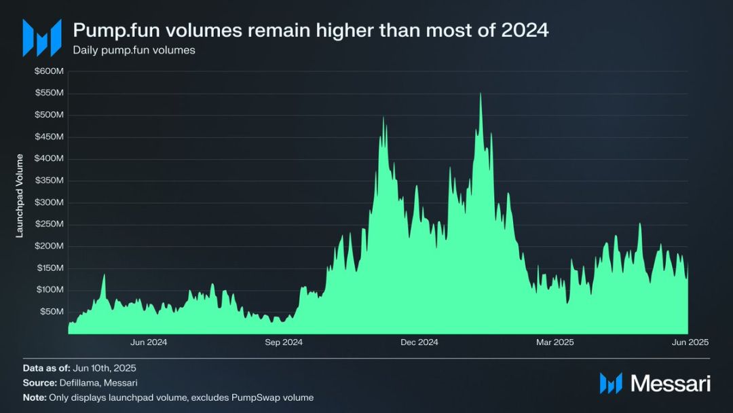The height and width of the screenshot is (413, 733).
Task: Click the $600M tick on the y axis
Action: click(50, 71)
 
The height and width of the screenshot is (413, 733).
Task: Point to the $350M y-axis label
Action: click(50, 181)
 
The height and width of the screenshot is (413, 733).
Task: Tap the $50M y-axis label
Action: click(52, 312)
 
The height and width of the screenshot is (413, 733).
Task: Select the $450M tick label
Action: click(50, 137)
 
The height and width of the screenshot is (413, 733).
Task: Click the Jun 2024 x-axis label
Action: click(148, 342)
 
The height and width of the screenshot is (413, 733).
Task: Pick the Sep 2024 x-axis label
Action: click(284, 342)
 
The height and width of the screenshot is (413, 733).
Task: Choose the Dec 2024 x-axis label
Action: click(419, 342)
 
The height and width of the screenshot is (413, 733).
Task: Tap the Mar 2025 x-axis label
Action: click(555, 342)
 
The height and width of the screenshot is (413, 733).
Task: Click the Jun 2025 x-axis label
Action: click(690, 342)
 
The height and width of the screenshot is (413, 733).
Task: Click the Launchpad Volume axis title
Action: click(20, 196)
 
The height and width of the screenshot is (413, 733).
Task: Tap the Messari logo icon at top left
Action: click(41, 37)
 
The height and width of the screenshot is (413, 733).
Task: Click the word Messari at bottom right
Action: click(671, 384)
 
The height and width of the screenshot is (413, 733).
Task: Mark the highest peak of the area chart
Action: click(481, 94)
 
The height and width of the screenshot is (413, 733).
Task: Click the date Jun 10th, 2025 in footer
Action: click(109, 367)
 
